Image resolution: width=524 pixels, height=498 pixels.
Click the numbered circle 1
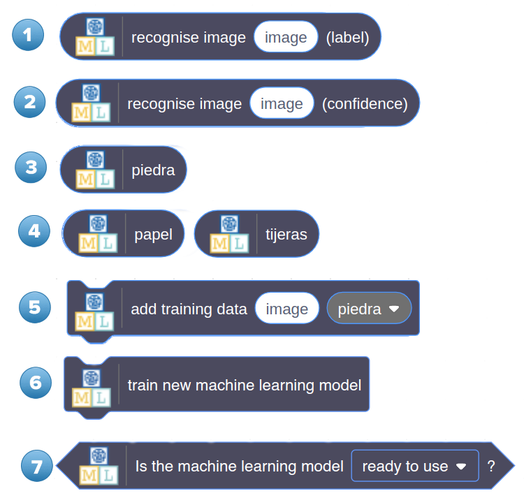click(x=28, y=35)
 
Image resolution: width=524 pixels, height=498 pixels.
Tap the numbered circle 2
click(x=29, y=103)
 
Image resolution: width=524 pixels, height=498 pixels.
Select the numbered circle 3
click(x=31, y=168)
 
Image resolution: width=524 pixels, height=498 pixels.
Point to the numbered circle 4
click(x=34, y=230)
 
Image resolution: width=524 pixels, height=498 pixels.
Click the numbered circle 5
click(x=35, y=307)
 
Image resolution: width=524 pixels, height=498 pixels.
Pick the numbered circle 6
click(x=36, y=383)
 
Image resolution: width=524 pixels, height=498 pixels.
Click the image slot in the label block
click(x=286, y=37)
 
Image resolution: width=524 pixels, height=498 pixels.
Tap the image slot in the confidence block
click(x=282, y=104)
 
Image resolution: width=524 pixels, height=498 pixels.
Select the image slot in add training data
click(x=287, y=309)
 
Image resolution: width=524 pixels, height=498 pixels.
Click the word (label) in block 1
click(x=347, y=37)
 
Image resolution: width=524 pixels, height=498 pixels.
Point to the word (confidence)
click(x=365, y=104)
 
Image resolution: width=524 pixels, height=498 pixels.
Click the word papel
click(x=153, y=235)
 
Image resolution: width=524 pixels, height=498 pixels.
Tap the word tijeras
click(x=286, y=235)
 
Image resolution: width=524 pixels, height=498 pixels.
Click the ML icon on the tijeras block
click(x=229, y=234)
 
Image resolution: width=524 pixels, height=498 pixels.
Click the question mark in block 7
click(x=491, y=466)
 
